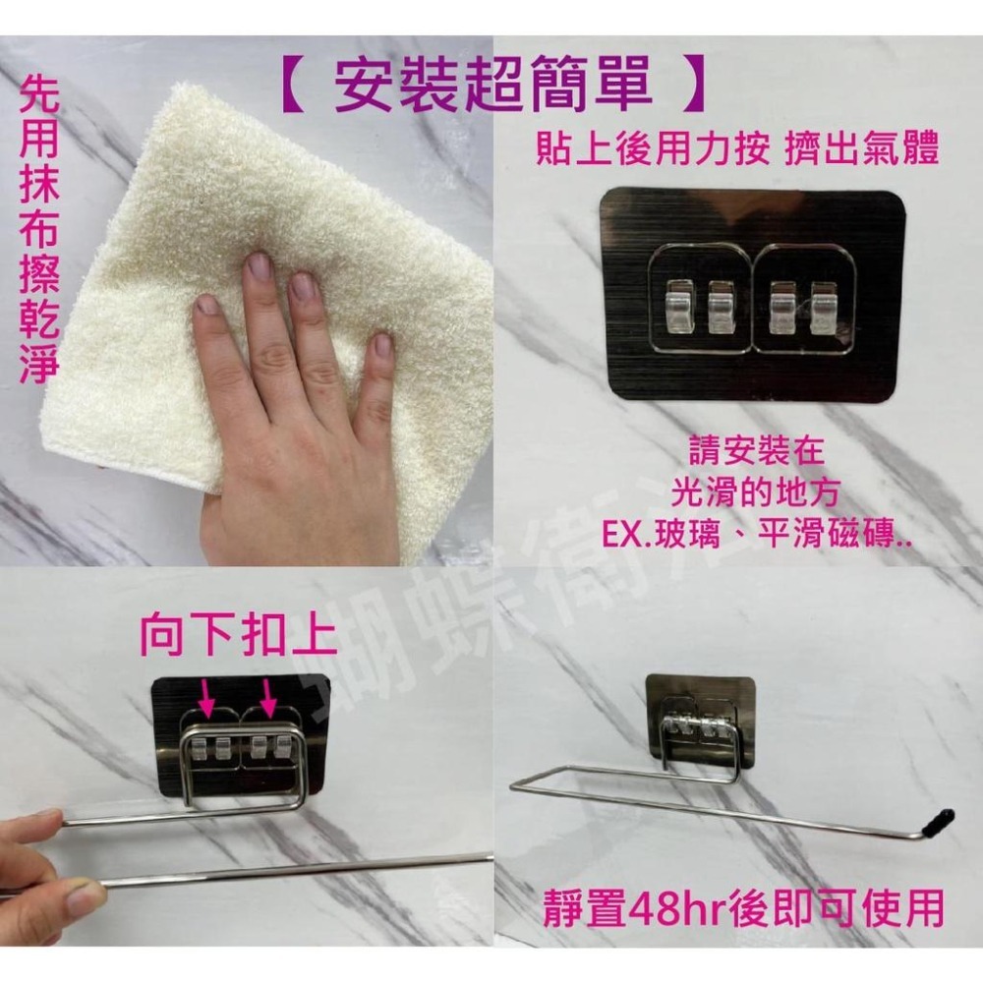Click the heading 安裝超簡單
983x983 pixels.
tap(493, 86)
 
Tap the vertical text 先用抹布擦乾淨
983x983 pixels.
tap(39, 231)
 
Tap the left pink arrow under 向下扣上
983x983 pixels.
tap(206, 696)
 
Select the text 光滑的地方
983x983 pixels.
tap(754, 494)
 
